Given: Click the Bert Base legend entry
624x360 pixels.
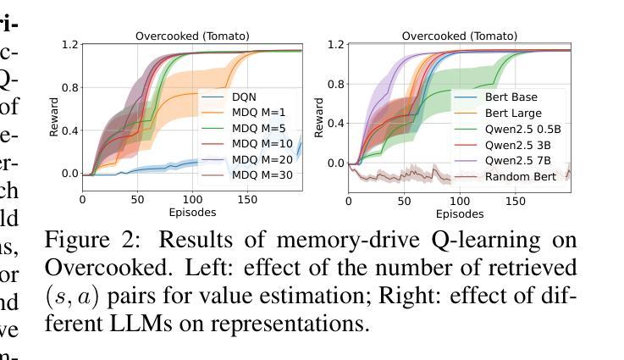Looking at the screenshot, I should tap(511, 97).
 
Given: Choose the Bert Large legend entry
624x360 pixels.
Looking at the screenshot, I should tap(513, 113).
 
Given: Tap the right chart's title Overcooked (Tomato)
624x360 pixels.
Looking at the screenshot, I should tap(459, 36).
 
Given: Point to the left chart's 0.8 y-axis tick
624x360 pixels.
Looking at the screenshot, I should tap(69, 87).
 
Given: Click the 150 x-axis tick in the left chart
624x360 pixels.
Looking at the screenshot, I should tap(247, 200).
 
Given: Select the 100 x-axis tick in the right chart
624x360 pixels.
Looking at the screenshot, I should tap(459, 200).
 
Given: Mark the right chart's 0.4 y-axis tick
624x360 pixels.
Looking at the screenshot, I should tap(336, 124).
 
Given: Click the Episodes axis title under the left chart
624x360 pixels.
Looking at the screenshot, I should tap(192, 212).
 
